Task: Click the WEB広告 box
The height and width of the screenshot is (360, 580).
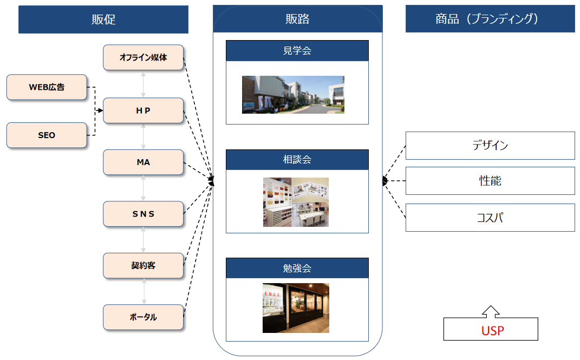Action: [x=47, y=87]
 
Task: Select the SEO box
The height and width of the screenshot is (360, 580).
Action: [x=47, y=135]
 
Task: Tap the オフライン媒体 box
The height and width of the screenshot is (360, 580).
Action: [x=143, y=57]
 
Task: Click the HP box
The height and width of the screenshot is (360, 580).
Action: [x=143, y=110]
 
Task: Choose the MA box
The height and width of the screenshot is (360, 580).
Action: [x=143, y=162]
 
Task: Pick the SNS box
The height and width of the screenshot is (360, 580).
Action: [x=143, y=214]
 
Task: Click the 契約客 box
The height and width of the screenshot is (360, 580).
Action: [x=143, y=265]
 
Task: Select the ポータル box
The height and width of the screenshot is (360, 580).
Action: [x=143, y=317]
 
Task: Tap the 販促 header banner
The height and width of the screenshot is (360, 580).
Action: [x=103, y=19]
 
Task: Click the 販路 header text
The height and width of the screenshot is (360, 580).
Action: [x=297, y=19]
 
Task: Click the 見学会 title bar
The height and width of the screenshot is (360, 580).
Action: [x=297, y=51]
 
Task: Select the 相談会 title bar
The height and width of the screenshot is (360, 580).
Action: [x=297, y=160]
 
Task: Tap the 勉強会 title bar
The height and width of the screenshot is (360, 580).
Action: [x=297, y=268]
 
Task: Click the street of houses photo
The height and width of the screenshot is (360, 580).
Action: [x=293, y=95]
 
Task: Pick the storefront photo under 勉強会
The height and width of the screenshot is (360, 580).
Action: [x=296, y=308]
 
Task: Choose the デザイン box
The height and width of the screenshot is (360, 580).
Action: [x=490, y=146]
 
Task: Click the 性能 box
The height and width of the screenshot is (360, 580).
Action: [x=490, y=181]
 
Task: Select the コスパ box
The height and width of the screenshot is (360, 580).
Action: [x=490, y=218]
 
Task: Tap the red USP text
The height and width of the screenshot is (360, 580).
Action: [x=492, y=330]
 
